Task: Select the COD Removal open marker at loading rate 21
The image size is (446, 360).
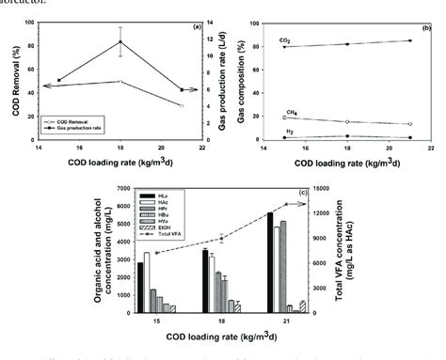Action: [182, 106]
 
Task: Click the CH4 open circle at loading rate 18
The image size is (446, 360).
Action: [346, 122]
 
